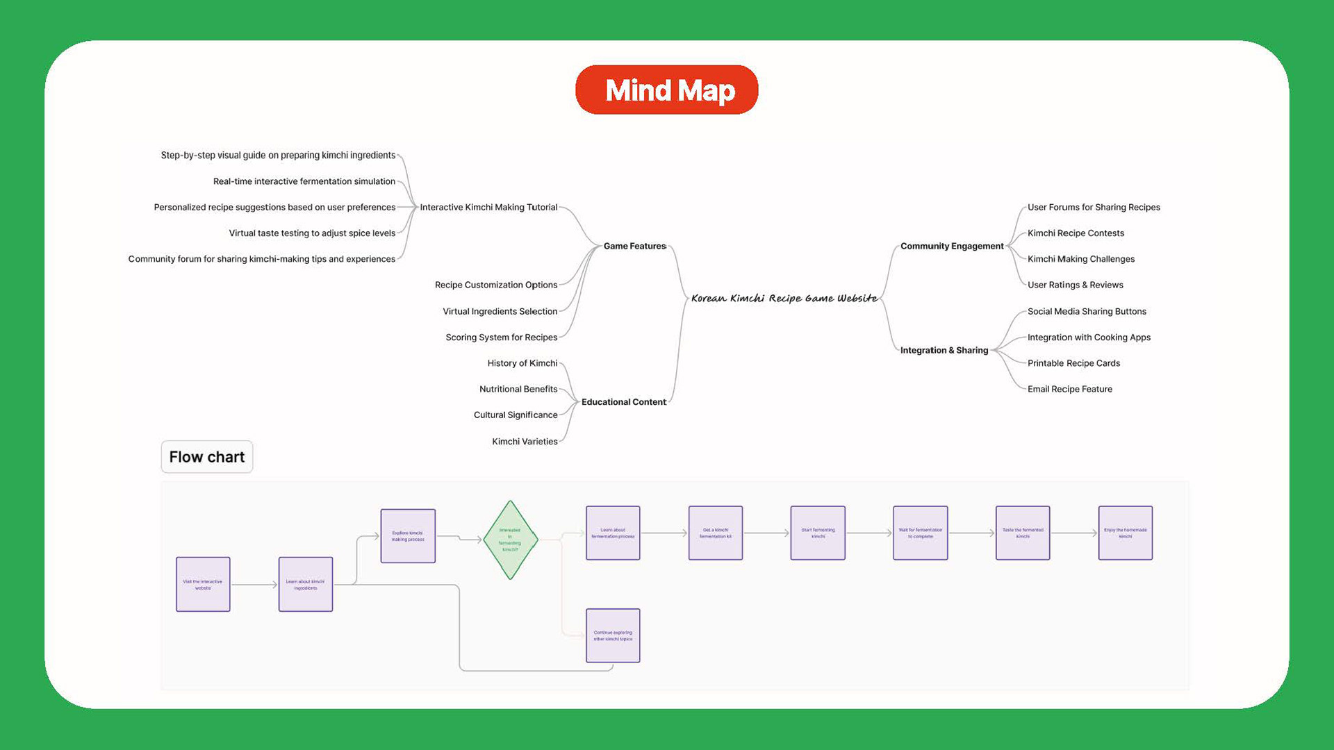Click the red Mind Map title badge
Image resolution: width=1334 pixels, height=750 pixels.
(666, 90)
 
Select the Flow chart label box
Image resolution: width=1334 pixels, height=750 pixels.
(207, 457)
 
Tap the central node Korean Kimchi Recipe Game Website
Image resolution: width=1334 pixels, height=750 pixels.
(784, 298)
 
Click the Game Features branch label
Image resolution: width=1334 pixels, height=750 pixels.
(634, 246)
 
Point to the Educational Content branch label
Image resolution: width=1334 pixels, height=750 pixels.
(623, 402)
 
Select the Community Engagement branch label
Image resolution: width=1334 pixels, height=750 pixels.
(951, 246)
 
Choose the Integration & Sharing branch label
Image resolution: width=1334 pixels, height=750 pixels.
(944, 350)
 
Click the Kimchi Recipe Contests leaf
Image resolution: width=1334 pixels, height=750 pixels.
(1075, 233)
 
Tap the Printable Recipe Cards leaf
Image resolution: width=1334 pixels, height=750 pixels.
(1073, 363)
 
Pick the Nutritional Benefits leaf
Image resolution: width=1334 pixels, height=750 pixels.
(518, 389)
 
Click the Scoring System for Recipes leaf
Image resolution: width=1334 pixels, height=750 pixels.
(501, 337)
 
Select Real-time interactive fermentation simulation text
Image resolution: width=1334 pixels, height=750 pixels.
(304, 181)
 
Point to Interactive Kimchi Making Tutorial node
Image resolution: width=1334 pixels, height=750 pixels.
(488, 207)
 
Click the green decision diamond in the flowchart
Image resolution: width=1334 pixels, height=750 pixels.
(510, 540)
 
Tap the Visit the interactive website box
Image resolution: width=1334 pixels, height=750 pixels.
(203, 584)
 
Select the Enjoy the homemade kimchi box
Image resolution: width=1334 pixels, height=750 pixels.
(1125, 533)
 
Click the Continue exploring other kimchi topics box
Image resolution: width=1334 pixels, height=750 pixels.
(613, 635)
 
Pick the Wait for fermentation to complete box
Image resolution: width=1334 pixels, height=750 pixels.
(920, 533)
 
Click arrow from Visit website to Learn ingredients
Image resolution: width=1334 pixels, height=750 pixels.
(254, 585)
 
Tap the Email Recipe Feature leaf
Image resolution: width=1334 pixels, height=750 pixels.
(1069, 389)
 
